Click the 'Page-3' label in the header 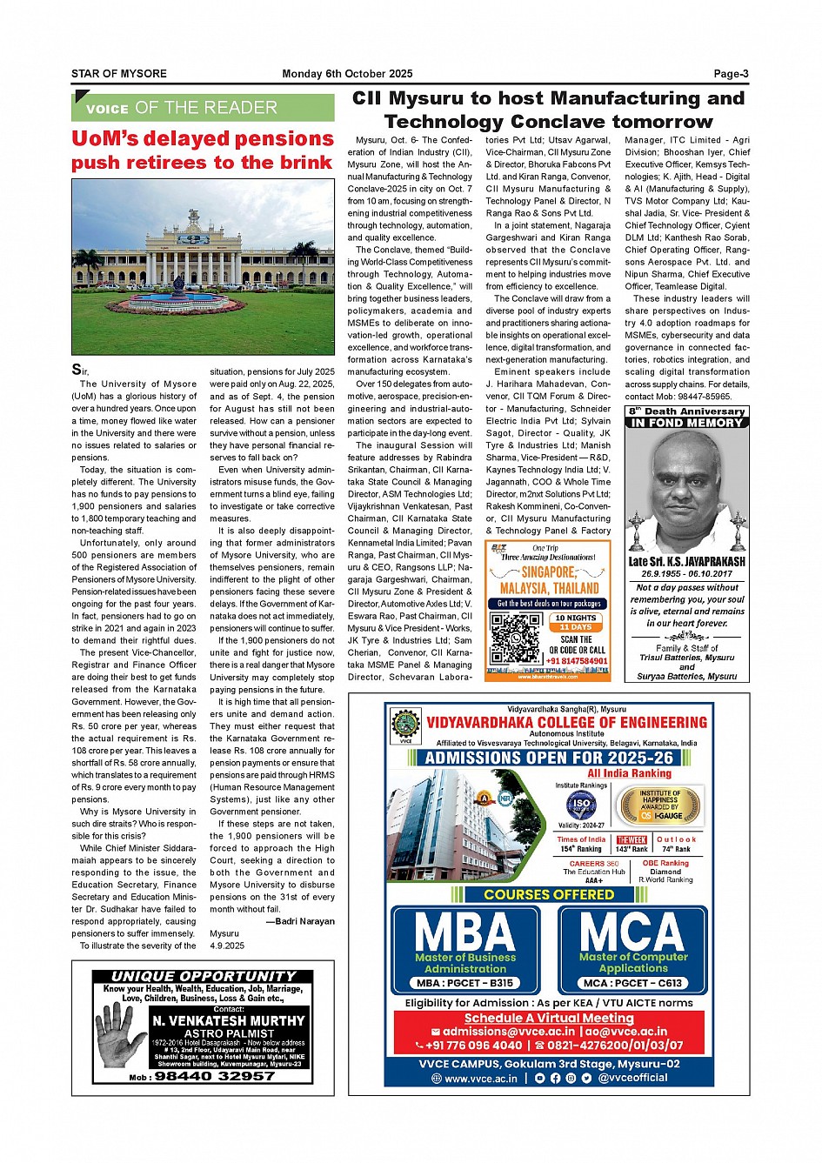(731, 74)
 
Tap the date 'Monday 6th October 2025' (347, 74)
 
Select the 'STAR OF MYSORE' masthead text (119, 74)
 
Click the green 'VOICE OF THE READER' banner (203, 108)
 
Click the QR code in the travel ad (515, 638)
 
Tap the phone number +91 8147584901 (577, 661)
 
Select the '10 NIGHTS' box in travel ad (575, 618)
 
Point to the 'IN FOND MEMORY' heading (687, 423)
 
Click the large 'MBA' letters (465, 932)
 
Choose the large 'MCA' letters (632, 932)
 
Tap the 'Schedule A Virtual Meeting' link (549, 1018)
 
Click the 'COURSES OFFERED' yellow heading (549, 894)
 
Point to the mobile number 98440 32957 (214, 1076)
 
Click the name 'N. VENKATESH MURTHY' (229, 1020)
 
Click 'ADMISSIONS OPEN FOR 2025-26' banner (549, 758)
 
